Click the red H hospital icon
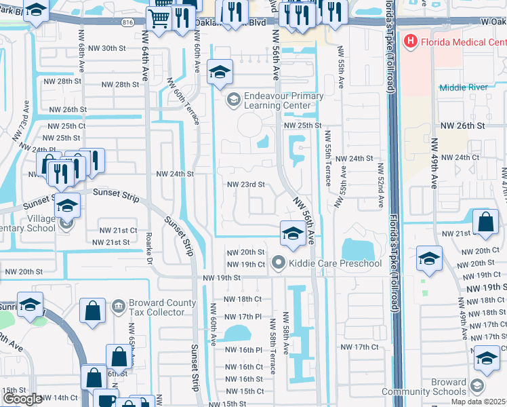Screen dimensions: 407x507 coord(410,42)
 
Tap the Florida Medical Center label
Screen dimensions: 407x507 coord(462,42)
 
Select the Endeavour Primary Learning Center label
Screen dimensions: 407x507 coord(284,101)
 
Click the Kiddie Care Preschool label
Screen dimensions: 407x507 coord(334,263)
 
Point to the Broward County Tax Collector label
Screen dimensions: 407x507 coord(156,307)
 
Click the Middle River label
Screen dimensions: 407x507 coord(463,88)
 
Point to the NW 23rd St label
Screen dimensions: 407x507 coord(245,185)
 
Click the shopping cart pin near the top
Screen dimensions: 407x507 coord(159,20)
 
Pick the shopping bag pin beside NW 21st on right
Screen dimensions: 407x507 coord(486,223)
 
